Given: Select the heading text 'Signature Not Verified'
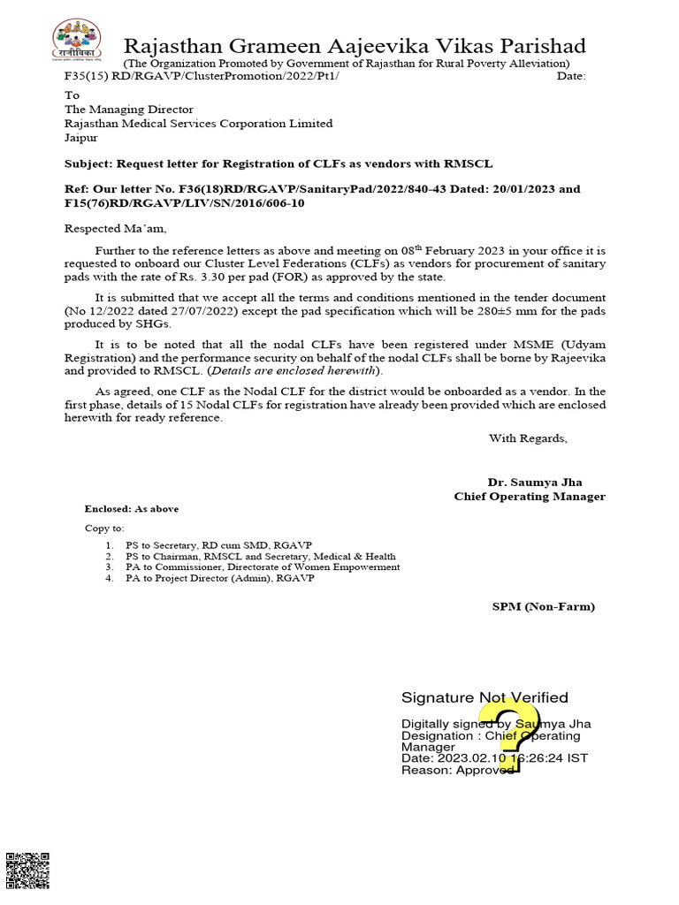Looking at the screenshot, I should click(484, 698).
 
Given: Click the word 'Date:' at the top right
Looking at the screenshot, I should click(571, 77).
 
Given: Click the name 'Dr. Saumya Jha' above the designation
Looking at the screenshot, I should click(535, 483).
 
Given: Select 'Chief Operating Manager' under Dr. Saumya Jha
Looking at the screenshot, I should click(530, 497).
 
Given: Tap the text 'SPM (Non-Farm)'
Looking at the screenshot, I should click(544, 606).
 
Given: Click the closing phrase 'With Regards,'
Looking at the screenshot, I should click(528, 438).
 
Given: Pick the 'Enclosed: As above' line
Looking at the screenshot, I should click(131, 509).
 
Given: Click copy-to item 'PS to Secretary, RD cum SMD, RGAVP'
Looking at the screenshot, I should click(217, 545).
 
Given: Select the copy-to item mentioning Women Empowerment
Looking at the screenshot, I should click(262, 567).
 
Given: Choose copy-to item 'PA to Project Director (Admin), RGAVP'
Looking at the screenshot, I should click(219, 579).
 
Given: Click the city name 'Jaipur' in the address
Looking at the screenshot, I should click(81, 138).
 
